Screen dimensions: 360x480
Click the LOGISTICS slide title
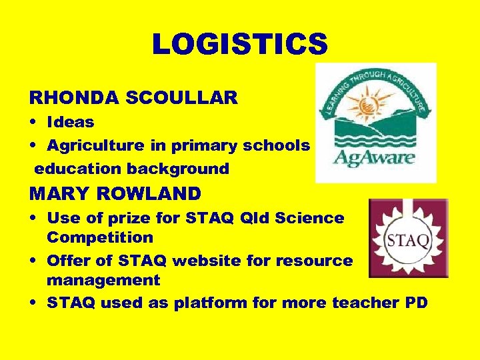coord(240,45)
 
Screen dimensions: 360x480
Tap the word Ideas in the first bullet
coord(70,122)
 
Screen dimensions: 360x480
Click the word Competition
coord(100,237)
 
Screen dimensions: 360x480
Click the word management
coord(103,281)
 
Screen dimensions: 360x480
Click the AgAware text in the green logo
coord(375,158)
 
